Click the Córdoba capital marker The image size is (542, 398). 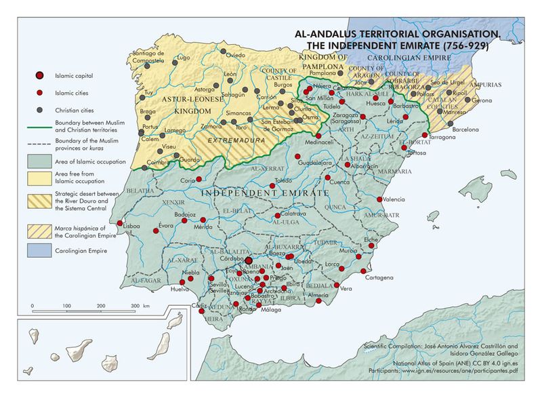[x=248, y=260]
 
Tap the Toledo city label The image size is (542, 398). [x=283, y=180]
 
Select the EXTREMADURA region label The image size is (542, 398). [x=227, y=141]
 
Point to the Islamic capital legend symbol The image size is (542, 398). [x=41, y=75]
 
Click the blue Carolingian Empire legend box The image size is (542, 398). [x=41, y=252]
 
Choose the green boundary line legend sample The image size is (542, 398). [x=41, y=125]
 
